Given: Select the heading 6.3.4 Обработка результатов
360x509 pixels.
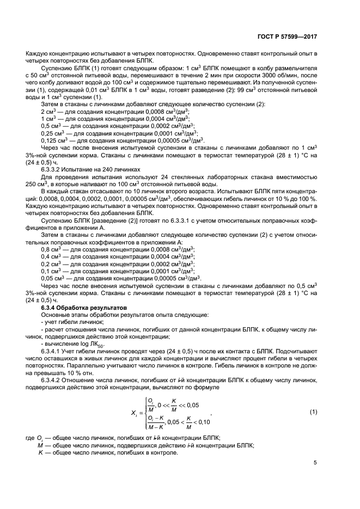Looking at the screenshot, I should point(76,308).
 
